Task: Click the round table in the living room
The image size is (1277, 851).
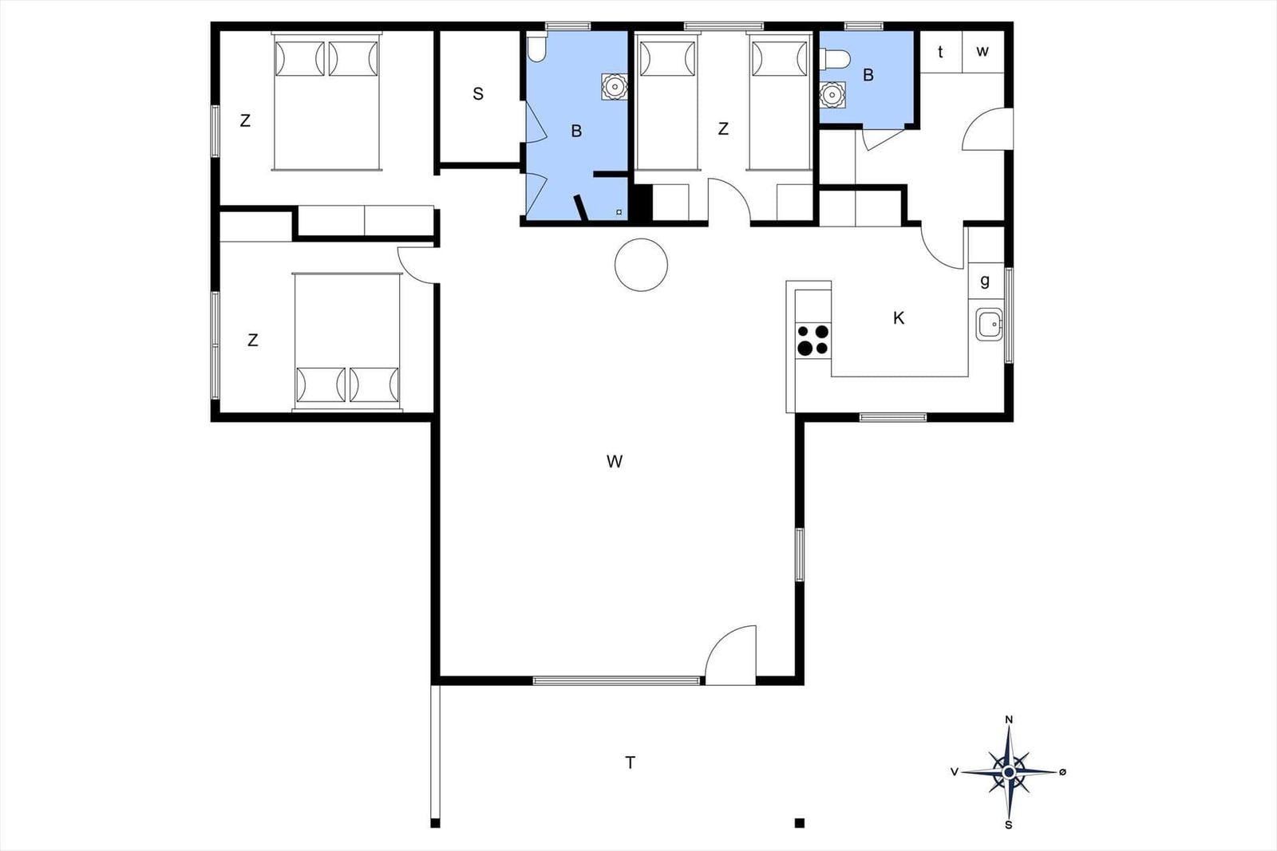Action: [x=641, y=265]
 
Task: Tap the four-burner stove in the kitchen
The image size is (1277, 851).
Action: [x=813, y=340]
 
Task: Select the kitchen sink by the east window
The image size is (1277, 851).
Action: [x=989, y=325]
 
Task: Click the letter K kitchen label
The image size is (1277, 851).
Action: [x=899, y=318]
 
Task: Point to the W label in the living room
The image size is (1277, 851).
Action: [x=614, y=461]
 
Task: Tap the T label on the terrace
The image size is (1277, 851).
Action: [x=630, y=762]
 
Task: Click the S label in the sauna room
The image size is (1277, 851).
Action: [x=478, y=94]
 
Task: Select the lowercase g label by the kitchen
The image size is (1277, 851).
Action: [x=985, y=281]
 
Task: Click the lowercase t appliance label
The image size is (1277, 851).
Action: [x=940, y=52]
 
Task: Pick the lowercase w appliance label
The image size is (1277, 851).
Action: [x=982, y=52]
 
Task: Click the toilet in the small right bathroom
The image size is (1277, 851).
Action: [x=834, y=59]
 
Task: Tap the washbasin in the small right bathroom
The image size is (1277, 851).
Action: [x=832, y=95]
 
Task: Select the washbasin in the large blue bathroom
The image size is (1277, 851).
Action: [x=614, y=86]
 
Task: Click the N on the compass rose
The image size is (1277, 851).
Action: [x=1009, y=719]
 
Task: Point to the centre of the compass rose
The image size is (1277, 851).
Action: [x=1009, y=772]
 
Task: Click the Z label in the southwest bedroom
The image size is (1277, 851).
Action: [x=253, y=341]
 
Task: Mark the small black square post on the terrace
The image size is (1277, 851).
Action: [x=799, y=823]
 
